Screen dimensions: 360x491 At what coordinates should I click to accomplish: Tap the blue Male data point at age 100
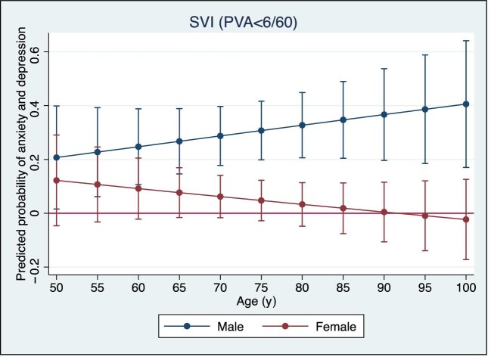(x=466, y=104)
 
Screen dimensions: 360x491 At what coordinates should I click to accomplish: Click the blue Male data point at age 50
(x=56, y=157)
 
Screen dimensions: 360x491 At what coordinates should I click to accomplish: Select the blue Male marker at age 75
(x=261, y=130)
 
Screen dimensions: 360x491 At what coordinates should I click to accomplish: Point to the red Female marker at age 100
(x=466, y=219)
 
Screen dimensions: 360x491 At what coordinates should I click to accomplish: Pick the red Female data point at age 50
(x=56, y=180)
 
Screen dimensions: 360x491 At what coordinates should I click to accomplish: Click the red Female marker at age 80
(x=302, y=204)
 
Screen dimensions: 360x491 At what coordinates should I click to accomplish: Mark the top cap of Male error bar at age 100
(x=466, y=41)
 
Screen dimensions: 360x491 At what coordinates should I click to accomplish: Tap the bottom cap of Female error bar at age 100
(x=466, y=259)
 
